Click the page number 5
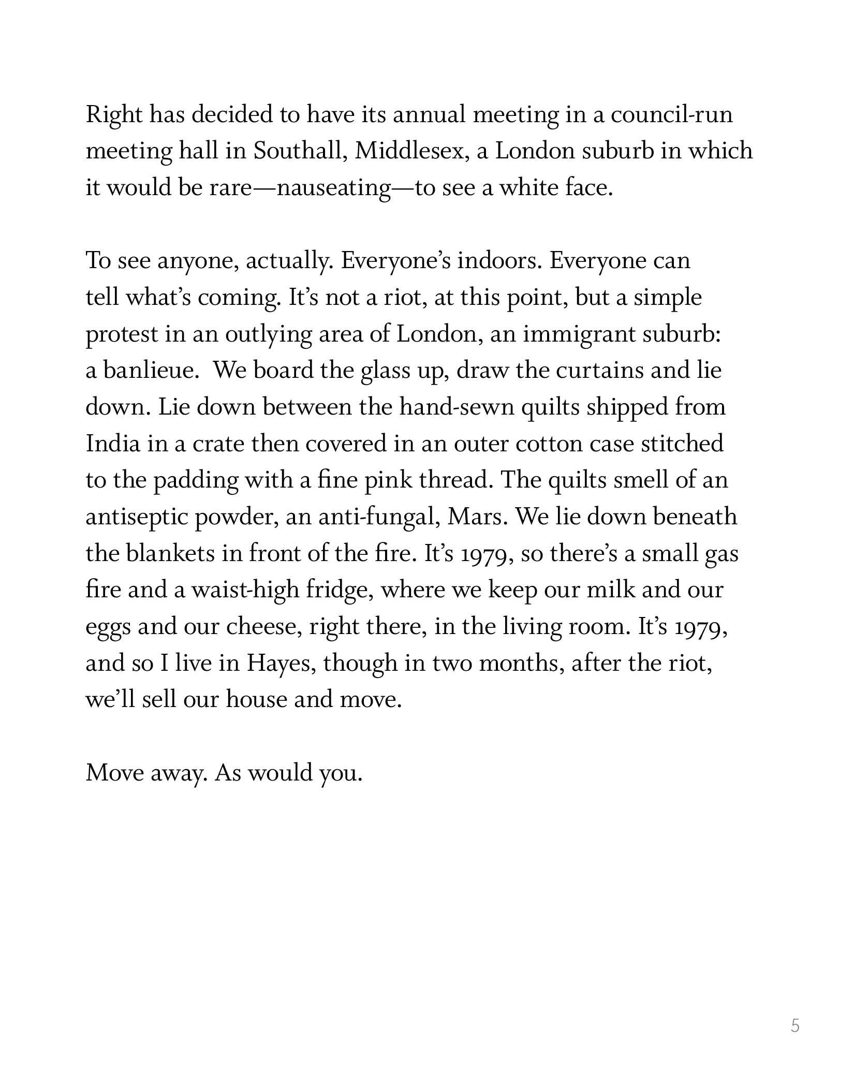[x=795, y=1025]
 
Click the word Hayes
[x=280, y=664]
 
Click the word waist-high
[x=246, y=591]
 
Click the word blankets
[x=171, y=554]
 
